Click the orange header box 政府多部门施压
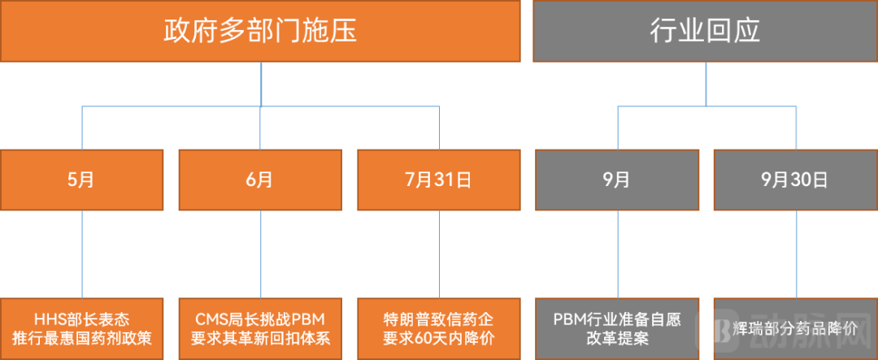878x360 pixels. pyautogui.click(x=260, y=31)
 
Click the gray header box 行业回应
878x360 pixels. pyautogui.click(x=705, y=31)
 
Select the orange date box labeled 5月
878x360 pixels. pyautogui.click(x=81, y=180)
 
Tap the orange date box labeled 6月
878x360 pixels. pyautogui.click(x=260, y=180)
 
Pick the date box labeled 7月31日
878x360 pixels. pyautogui.click(x=439, y=180)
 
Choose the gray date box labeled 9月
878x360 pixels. pyautogui.click(x=616, y=180)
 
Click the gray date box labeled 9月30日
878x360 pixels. pyautogui.click(x=794, y=180)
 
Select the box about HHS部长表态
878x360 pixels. pyautogui.click(x=81, y=328)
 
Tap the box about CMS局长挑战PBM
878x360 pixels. pyautogui.click(x=260, y=328)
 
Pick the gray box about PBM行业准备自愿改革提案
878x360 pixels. pyautogui.click(x=616, y=328)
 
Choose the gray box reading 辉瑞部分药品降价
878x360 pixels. pyautogui.click(x=794, y=328)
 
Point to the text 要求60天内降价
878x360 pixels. pyautogui.click(x=439, y=338)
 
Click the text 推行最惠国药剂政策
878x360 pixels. pyautogui.click(x=81, y=338)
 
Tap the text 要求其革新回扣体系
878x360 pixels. pyautogui.click(x=260, y=338)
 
